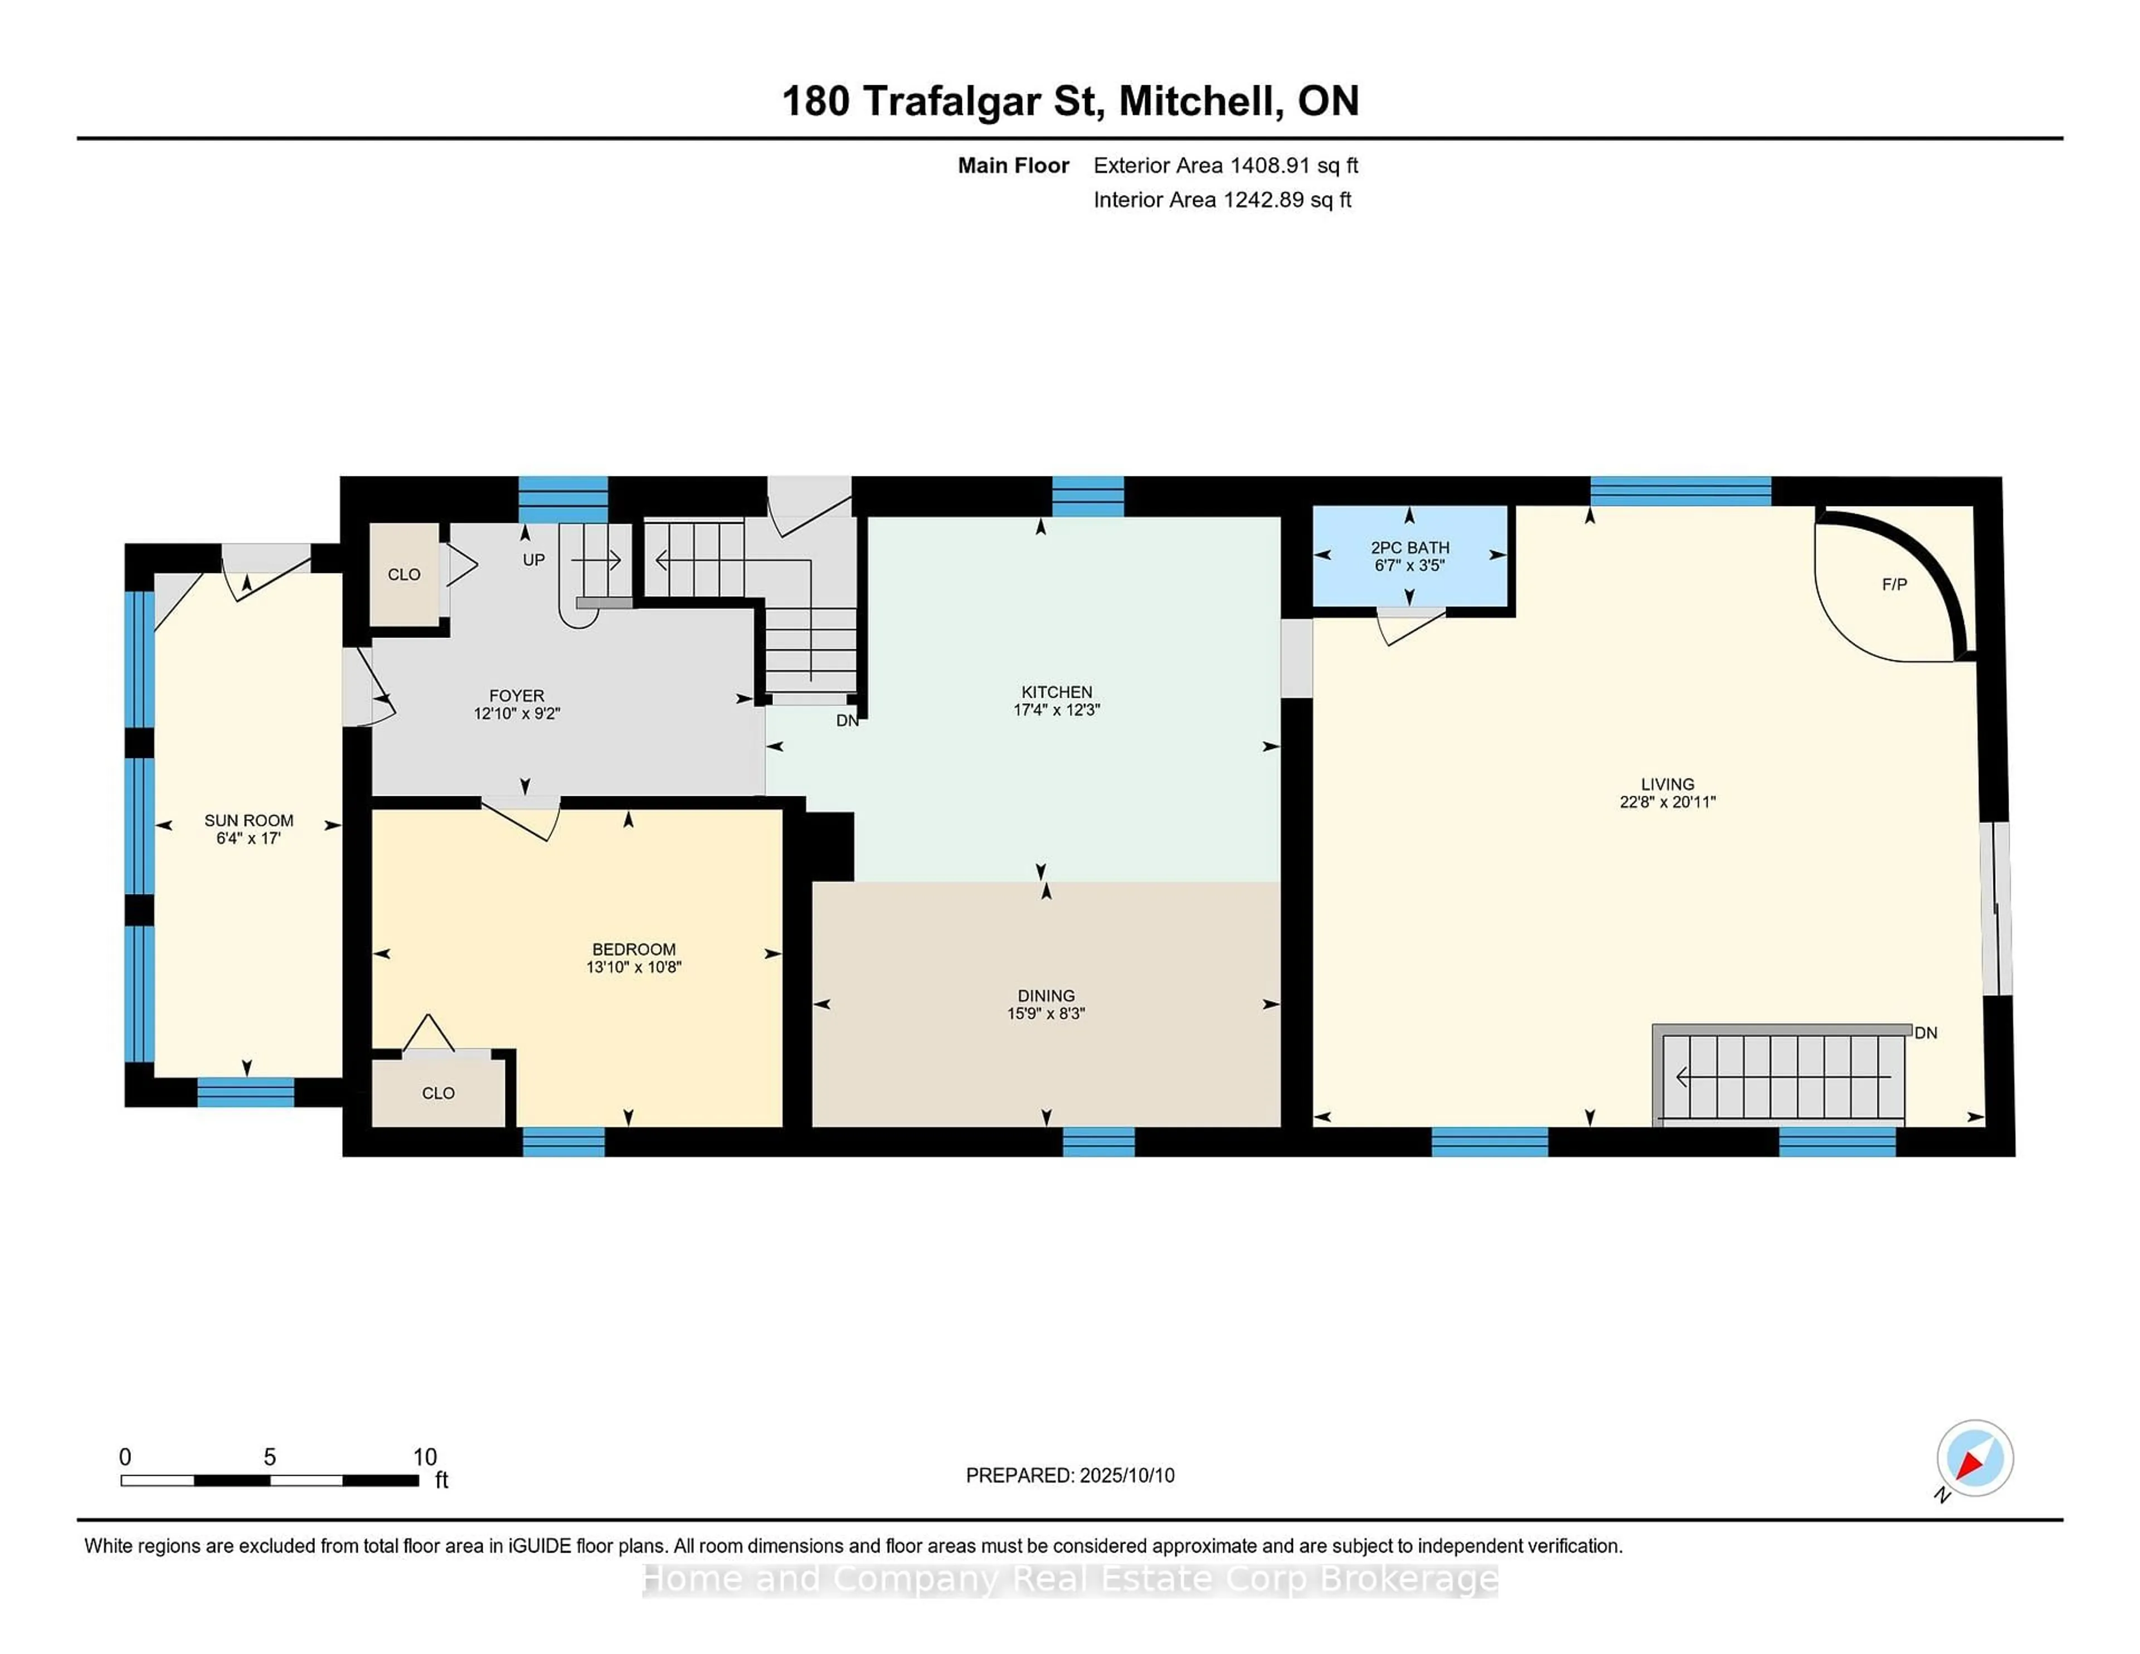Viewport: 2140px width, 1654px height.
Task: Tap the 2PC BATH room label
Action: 1410,548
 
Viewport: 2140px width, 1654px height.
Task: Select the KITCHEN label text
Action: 1056,692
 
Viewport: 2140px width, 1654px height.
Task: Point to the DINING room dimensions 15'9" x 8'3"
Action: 1045,1013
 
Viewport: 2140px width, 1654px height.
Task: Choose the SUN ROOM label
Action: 249,820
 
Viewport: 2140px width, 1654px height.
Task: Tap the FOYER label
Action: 517,695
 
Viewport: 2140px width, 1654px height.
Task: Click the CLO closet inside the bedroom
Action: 438,1092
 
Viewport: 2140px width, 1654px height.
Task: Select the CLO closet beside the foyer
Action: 403,574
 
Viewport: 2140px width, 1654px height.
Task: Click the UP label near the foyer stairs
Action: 533,560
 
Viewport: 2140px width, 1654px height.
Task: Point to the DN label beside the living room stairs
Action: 1925,1033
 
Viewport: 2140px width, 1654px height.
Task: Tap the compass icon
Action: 1974,1458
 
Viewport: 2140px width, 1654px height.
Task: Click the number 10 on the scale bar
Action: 424,1457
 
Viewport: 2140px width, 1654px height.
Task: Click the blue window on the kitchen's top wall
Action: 1088,496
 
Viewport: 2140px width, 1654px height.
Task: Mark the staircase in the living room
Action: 1781,1075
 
